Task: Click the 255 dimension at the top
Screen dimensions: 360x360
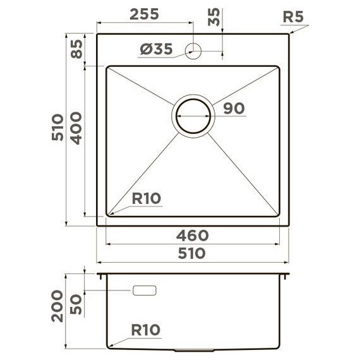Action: [144, 15]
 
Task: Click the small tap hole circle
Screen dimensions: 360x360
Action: [193, 50]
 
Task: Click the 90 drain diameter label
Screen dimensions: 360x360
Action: [234, 108]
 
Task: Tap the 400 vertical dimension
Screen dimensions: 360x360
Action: [76, 128]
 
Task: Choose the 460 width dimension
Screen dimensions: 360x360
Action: [193, 236]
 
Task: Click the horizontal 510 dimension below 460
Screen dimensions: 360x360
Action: [193, 253]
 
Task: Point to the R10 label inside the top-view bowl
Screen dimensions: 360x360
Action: [147, 198]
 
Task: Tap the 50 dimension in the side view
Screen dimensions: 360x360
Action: [76, 304]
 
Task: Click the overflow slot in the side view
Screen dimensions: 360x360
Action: [145, 291]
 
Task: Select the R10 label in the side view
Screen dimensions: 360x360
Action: [146, 330]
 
